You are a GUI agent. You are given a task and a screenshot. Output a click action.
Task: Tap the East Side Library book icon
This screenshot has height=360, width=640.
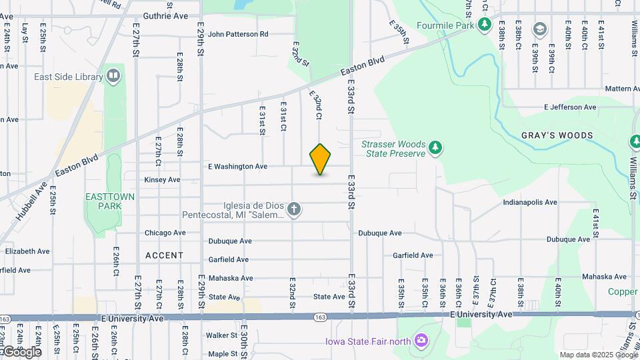pyautogui.click(x=113, y=76)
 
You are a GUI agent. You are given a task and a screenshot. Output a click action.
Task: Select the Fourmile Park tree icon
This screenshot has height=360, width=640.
pyautogui.click(x=485, y=25)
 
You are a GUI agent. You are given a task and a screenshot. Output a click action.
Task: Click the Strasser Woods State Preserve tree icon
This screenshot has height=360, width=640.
pyautogui.click(x=435, y=147)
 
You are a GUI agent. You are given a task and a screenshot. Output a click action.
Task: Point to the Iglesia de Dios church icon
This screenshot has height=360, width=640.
pyautogui.click(x=295, y=210)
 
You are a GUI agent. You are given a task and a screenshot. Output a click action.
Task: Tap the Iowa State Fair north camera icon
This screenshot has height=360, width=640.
pyautogui.click(x=421, y=341)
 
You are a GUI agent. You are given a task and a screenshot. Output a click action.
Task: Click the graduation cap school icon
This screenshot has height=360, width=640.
pyautogui.click(x=539, y=29)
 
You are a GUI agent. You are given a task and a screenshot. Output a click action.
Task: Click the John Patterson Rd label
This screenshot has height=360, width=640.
pyautogui.click(x=238, y=33)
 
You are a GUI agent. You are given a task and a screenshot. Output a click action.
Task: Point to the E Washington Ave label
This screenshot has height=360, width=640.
pyautogui.click(x=237, y=166)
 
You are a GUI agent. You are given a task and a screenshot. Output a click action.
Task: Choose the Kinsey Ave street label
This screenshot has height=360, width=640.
pyautogui.click(x=162, y=179)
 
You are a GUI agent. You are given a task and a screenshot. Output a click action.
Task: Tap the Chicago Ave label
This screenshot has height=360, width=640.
pyautogui.click(x=165, y=233)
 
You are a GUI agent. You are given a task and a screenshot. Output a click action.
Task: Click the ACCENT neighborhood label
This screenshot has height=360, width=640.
pyautogui.click(x=164, y=255)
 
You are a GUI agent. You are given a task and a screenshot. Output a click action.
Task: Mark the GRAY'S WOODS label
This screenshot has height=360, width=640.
pyautogui.click(x=557, y=135)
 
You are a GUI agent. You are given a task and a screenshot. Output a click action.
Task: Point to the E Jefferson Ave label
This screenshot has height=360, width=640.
pyautogui.click(x=570, y=107)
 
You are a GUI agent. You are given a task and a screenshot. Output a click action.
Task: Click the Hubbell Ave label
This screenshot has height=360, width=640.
pyautogui.click(x=28, y=202)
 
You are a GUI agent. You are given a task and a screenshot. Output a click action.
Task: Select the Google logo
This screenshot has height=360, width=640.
pyautogui.click(x=21, y=351)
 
